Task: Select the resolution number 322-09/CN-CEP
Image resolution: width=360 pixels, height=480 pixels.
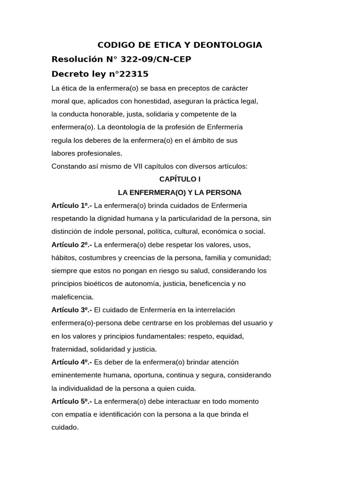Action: coord(156,60)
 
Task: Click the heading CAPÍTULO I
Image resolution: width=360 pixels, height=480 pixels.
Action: coord(180,179)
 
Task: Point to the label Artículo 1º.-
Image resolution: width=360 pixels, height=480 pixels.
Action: coord(72,205)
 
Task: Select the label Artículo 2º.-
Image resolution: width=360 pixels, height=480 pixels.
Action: coord(72,245)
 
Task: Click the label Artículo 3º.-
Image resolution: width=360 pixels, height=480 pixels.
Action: coord(72,310)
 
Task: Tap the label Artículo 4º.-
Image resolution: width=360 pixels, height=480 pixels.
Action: coord(72,362)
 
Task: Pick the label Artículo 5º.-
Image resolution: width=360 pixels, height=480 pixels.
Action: coord(72,401)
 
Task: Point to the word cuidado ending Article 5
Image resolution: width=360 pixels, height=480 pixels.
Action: coord(65,427)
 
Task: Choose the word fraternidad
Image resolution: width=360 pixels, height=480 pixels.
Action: coord(69,349)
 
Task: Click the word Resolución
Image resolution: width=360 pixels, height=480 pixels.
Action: coord(76,60)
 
